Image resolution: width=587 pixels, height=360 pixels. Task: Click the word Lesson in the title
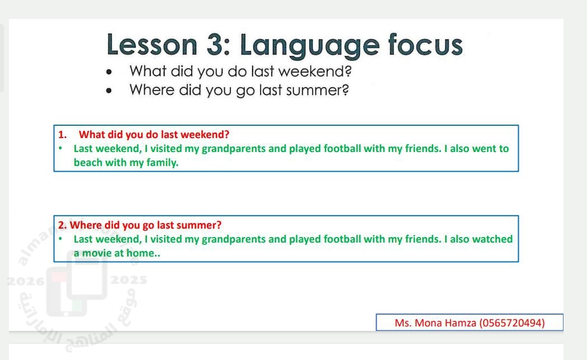(152, 45)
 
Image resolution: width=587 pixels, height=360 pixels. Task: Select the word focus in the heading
(425, 45)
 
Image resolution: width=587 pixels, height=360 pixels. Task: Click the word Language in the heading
(310, 46)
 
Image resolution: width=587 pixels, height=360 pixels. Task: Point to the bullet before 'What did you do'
(109, 72)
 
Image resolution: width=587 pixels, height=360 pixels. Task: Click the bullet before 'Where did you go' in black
(109, 91)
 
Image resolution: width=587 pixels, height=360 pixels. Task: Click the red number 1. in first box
(62, 135)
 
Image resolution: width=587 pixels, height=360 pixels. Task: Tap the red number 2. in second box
(62, 225)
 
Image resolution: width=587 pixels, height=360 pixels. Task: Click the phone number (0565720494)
(512, 323)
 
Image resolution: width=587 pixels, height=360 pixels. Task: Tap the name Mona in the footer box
(428, 323)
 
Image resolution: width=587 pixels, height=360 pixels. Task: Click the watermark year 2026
(26, 281)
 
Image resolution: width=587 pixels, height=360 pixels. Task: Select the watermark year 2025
(129, 280)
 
